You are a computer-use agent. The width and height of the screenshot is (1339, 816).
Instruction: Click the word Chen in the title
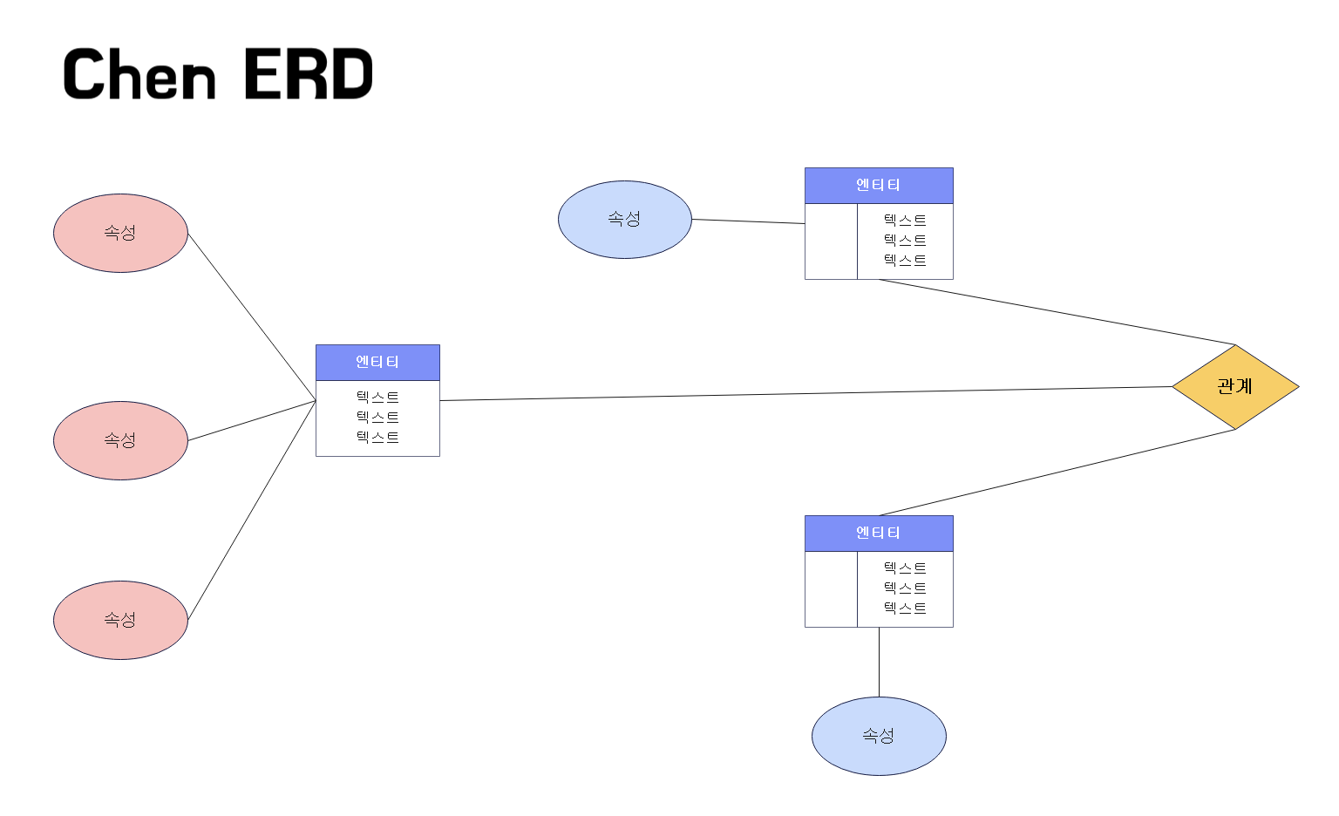139,74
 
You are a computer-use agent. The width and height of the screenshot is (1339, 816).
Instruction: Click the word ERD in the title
308,74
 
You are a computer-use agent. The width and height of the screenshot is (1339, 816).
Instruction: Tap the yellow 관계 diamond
1235,386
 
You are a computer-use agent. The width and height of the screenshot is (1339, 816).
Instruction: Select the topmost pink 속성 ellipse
120,233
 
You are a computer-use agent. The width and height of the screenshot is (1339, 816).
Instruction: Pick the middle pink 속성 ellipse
120,440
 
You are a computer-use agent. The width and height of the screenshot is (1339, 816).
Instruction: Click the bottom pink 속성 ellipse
120,620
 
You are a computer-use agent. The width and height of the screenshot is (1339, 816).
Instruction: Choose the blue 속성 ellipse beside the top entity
624,219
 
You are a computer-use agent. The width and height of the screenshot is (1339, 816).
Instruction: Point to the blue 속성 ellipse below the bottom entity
879,736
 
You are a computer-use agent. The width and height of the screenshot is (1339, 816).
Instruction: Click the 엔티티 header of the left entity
377,362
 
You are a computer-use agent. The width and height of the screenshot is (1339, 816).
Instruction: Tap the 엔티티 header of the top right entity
879,185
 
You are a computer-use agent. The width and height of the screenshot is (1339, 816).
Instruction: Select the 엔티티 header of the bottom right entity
879,533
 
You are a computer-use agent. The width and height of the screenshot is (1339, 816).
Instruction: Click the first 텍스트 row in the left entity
377,398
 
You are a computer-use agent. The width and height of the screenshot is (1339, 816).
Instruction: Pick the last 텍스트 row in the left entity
377,438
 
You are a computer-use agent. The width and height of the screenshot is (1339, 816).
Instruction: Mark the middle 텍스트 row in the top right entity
905,241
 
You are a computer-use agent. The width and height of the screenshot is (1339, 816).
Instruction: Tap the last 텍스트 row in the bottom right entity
905,609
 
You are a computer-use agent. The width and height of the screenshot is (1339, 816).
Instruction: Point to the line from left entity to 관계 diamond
806,394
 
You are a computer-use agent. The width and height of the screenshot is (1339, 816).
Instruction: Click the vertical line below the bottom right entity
879,662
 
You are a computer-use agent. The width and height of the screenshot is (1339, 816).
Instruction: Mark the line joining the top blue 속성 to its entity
748,221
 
